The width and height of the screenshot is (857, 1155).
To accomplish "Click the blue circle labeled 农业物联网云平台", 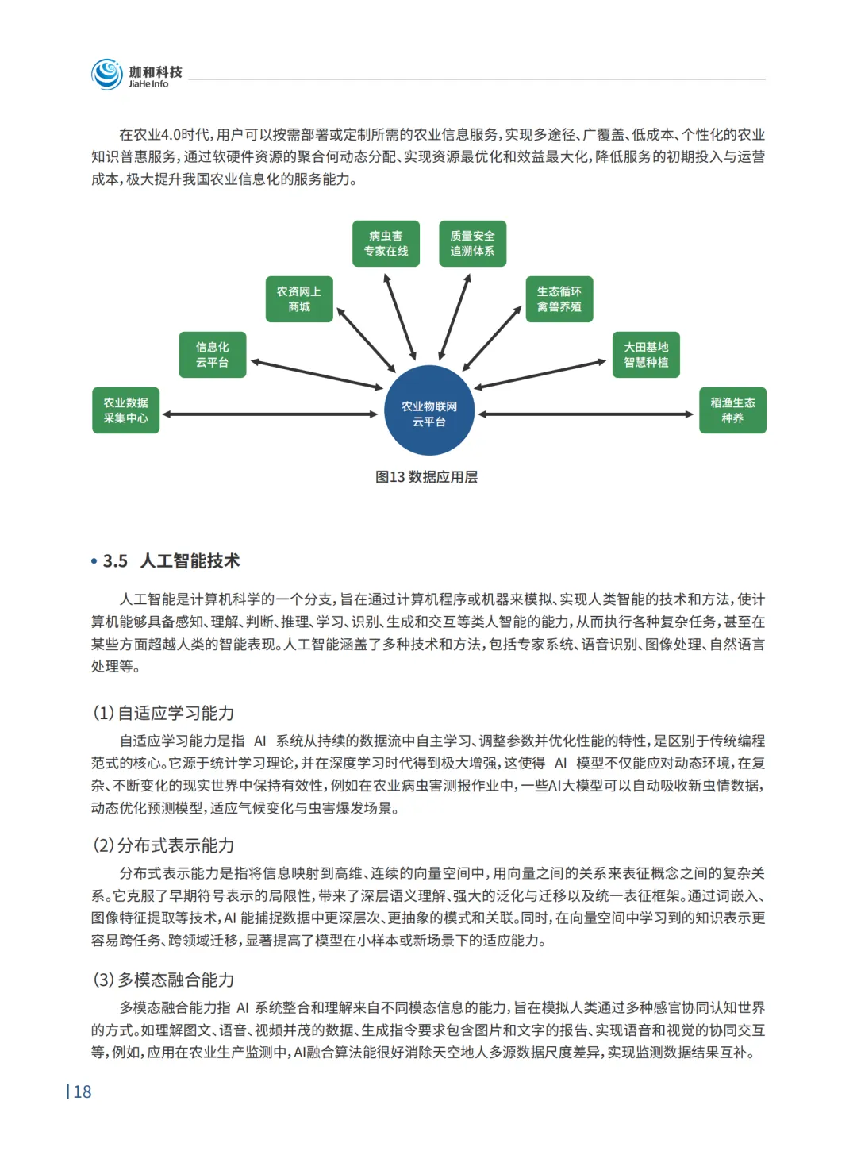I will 428,410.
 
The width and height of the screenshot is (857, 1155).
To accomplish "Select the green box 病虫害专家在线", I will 386,244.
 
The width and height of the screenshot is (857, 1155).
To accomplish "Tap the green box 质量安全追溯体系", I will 472,244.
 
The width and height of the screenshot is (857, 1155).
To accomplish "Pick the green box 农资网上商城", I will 299,299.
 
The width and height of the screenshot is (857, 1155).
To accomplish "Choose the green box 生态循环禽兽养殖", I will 559,299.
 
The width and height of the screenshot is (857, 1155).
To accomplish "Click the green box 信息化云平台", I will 213,355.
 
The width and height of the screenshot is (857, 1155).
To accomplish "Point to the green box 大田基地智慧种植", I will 646,355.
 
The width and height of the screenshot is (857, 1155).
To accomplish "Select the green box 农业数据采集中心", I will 126,410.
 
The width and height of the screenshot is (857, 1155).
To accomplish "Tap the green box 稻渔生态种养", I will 732,410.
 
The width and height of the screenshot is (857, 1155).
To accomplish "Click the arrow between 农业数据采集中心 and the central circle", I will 270,414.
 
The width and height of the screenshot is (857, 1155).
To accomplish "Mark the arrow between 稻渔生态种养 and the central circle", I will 586,414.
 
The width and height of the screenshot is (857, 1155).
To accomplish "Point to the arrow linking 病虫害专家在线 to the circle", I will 400,317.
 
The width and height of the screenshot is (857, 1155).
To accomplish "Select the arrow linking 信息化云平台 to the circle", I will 317,375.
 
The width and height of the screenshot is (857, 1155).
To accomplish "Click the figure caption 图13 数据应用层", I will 427,477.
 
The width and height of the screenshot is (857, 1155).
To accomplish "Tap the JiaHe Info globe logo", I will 106,74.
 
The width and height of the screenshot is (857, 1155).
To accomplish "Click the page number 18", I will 82,1092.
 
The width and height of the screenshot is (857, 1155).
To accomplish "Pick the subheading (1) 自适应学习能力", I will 163,713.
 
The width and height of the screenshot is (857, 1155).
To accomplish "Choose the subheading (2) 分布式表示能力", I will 163,845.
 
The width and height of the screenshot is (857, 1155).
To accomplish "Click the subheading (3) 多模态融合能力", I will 163,980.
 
